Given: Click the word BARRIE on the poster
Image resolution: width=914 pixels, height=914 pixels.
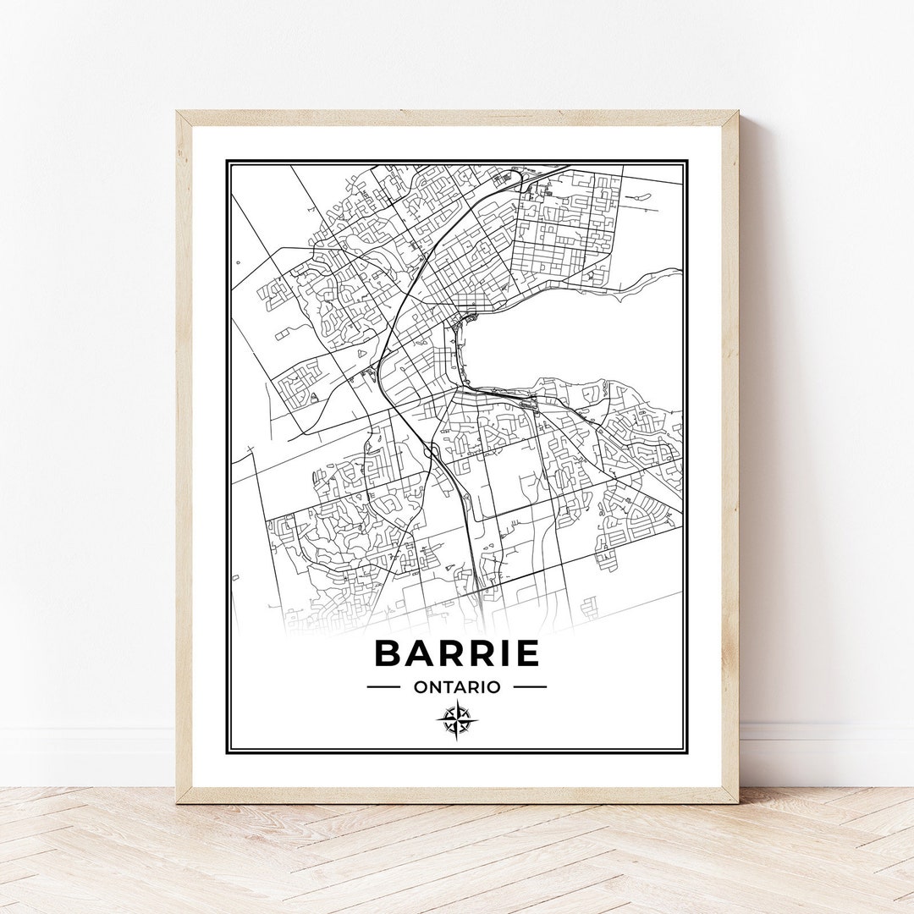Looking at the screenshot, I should tap(457, 653).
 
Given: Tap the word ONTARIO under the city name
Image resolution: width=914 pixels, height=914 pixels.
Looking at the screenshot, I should tap(457, 687).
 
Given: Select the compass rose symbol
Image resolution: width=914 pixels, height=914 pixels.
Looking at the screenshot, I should tap(457, 720).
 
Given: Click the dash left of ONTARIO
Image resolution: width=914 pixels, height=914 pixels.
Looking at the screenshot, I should tap(383, 687).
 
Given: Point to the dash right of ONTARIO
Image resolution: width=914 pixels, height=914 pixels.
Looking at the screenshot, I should tap(530, 687).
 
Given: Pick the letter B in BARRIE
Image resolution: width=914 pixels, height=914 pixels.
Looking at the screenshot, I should tap(388, 653).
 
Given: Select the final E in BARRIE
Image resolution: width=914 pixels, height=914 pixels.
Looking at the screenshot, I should tap(525, 653).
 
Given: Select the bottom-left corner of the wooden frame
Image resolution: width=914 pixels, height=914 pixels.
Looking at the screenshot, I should tap(178, 801).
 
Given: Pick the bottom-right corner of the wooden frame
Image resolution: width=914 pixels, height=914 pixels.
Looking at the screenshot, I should tap(736, 801).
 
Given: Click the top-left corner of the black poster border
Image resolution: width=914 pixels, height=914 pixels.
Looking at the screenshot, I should tap(227, 160).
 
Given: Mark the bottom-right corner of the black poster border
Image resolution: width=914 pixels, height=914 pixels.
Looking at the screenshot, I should tap(686, 752).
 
